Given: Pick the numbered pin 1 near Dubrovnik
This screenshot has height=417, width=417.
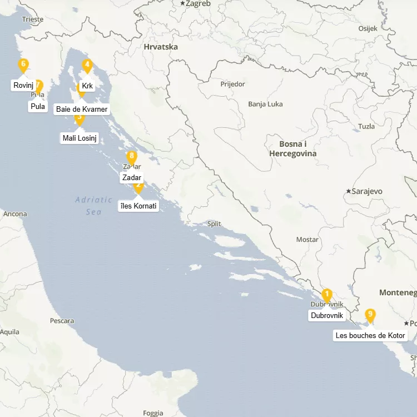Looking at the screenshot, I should pyautogui.click(x=327, y=295).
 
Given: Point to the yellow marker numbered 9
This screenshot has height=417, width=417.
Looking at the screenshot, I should pyautogui.click(x=370, y=315).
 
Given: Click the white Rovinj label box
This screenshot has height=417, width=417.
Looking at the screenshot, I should pyautogui.click(x=23, y=86).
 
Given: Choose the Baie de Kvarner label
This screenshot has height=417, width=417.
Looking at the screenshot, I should pyautogui.click(x=82, y=109).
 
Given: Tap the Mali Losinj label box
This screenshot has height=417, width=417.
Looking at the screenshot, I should pyautogui.click(x=80, y=138).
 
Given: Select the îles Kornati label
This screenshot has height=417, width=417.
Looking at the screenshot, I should pyautogui.click(x=138, y=206).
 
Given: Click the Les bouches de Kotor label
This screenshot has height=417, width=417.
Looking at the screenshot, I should pyautogui.click(x=370, y=336).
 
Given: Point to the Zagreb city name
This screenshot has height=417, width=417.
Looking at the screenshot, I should pyautogui.click(x=198, y=3).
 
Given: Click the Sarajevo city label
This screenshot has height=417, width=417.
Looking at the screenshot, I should pyautogui.click(x=368, y=191).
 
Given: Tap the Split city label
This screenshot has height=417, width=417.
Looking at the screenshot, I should pyautogui.click(x=214, y=224).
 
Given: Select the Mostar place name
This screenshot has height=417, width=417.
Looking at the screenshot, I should pyautogui.click(x=307, y=240).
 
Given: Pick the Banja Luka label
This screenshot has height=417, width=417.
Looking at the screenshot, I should pyautogui.click(x=265, y=104).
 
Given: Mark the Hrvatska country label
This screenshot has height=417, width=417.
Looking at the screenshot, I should pyautogui.click(x=161, y=47).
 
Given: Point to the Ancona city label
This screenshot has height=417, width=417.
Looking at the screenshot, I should pyautogui.click(x=15, y=214).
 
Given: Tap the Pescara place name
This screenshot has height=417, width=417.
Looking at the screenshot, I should pyautogui.click(x=62, y=321).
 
